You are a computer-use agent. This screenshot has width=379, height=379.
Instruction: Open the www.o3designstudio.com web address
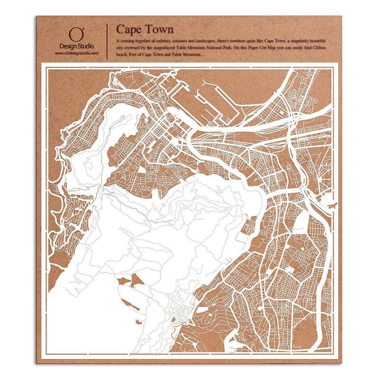(77, 54)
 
